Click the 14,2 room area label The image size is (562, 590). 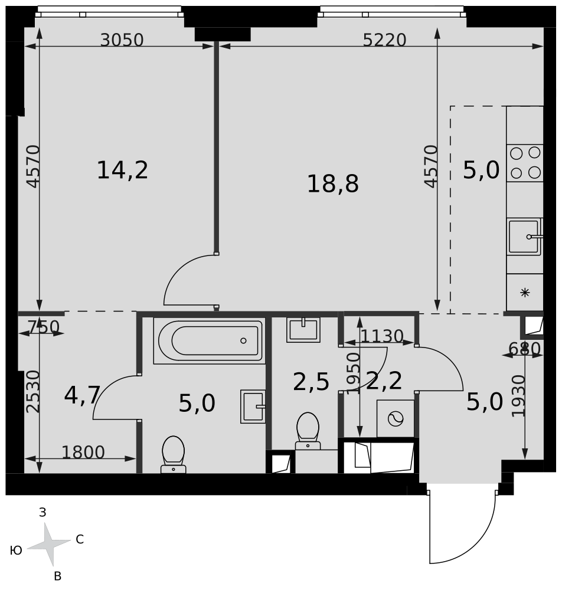122,170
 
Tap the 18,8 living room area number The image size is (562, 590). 333,184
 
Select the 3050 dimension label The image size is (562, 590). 122,40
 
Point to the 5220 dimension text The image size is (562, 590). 384,40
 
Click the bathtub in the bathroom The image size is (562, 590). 210,341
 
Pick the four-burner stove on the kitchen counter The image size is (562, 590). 525,163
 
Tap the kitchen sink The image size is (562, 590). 525,237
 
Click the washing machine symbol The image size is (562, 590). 396,418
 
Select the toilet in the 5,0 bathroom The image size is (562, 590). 173,454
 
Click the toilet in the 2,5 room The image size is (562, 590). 308,431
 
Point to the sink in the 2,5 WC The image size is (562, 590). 303,330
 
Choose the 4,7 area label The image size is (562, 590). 82,395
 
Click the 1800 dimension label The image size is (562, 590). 83,453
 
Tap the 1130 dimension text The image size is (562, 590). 382,336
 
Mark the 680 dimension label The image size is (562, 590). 524,349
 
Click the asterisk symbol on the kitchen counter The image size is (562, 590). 525,293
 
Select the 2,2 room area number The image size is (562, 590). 384,381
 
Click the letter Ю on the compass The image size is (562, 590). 16,551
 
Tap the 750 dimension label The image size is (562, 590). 44,327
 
